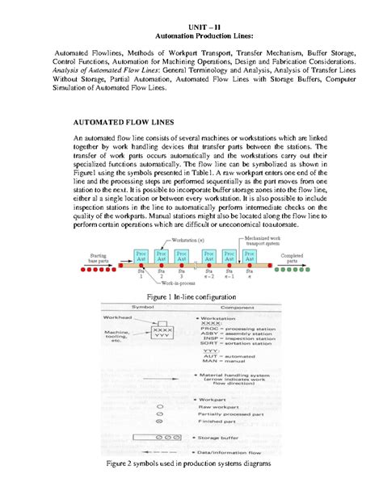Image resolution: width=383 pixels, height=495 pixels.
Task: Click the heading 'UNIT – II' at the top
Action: coord(191,27)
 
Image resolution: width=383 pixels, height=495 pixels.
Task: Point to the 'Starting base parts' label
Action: coord(100,258)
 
